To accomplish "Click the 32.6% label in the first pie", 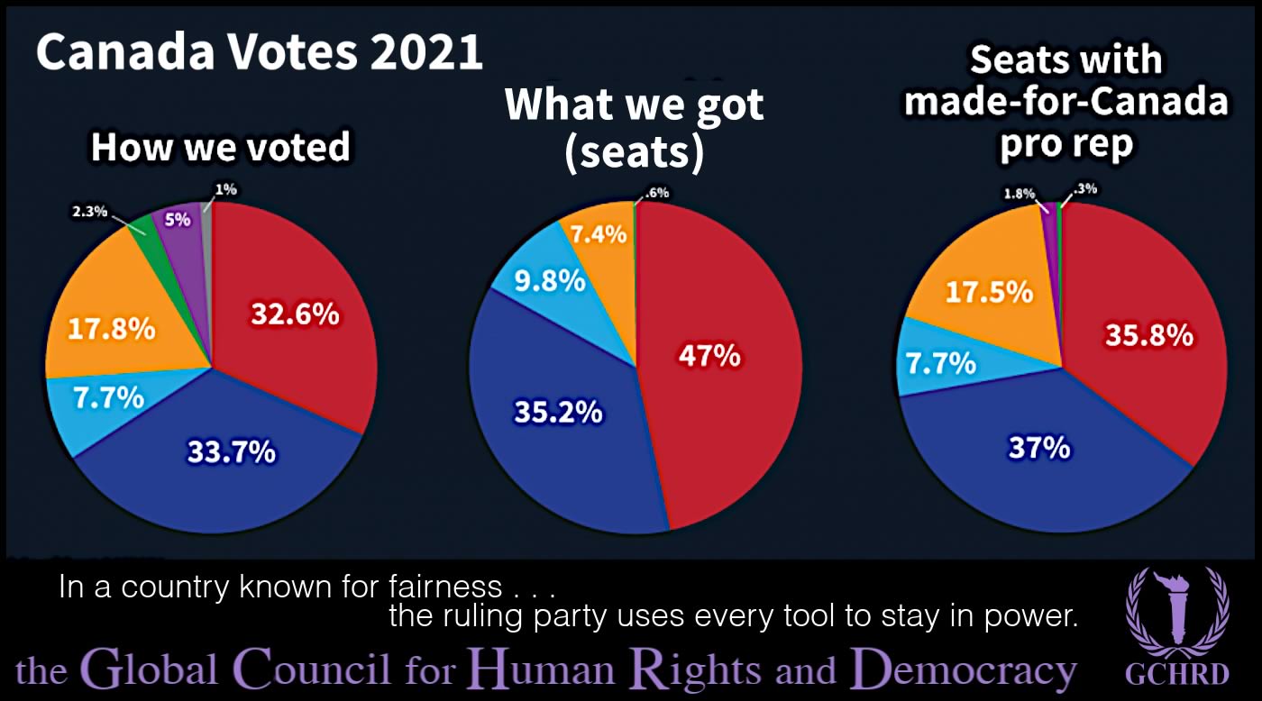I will coord(295,314).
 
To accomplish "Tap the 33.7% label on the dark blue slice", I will coord(231,451).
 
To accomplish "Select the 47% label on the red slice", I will coord(709,355).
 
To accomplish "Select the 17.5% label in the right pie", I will coord(988,293).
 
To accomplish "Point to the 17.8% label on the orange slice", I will coord(112,328).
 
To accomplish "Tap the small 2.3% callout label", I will coord(90,212).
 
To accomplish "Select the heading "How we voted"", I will coord(220,148).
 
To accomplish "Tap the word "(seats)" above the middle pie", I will coord(634,153).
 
